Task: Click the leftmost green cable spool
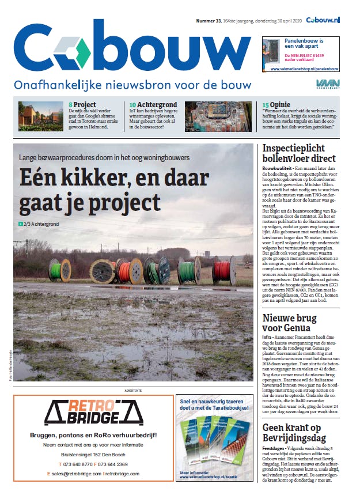(x=60, y=270)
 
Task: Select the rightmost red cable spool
(x=225, y=270)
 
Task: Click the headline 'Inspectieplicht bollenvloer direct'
(x=298, y=153)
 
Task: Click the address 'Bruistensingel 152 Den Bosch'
(x=93, y=455)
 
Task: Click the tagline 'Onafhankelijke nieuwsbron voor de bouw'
(x=132, y=85)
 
